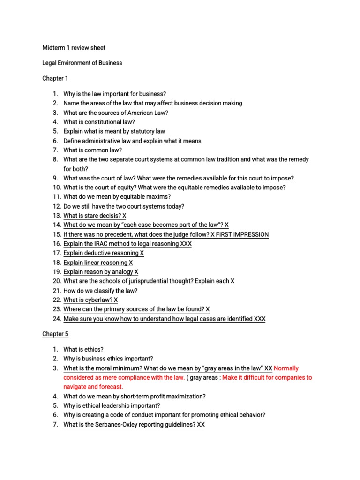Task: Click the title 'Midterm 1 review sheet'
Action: pos(74,48)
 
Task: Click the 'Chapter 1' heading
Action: pos(55,78)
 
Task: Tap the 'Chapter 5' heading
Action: pos(55,334)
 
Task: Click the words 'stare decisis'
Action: pos(98,216)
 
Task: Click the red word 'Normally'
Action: pos(286,368)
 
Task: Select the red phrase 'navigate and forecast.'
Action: pos(93,387)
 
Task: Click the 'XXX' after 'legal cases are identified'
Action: pos(259,319)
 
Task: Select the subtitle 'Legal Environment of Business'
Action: pos(82,63)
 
